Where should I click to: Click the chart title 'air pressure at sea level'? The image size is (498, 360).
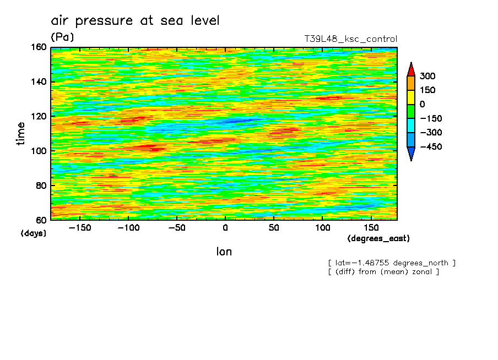[x=135, y=21]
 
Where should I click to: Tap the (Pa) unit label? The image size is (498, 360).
[x=62, y=37]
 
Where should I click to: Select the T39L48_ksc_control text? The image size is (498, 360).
[x=350, y=39]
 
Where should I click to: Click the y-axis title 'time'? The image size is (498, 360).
[x=21, y=134]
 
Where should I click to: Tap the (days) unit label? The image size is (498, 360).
[x=34, y=233]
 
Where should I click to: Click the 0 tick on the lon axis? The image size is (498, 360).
[x=225, y=227]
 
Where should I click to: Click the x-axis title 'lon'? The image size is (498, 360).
[x=224, y=252]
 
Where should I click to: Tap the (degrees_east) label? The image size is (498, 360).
[x=378, y=238]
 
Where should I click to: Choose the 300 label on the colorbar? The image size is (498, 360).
[x=427, y=76]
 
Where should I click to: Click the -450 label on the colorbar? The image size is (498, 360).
[x=430, y=147]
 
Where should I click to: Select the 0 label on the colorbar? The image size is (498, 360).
[x=423, y=105]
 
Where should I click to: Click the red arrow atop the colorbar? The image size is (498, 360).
[x=410, y=69]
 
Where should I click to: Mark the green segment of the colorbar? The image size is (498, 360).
[x=410, y=111]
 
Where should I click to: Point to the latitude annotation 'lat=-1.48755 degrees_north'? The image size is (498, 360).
[x=392, y=263]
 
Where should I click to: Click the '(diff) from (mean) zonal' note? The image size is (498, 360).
[x=383, y=272]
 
